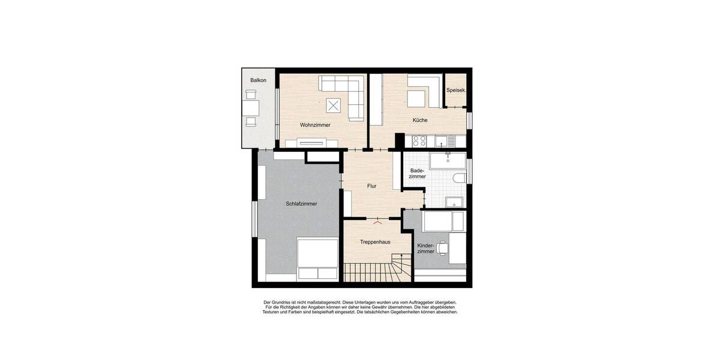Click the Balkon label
click(259, 80)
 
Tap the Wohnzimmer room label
click(315, 125)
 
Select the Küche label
click(420, 120)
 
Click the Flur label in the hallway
click(372, 186)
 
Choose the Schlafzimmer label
click(301, 203)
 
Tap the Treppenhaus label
click(376, 242)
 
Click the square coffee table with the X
click(334, 106)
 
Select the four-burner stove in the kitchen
click(419, 142)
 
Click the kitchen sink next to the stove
click(442, 142)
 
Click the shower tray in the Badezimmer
click(455, 201)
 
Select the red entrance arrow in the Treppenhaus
click(376, 221)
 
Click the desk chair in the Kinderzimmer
click(443, 247)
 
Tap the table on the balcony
click(250, 108)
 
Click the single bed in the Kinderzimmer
click(443, 223)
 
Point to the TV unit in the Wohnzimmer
click(311, 143)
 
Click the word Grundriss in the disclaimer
click(284, 302)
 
